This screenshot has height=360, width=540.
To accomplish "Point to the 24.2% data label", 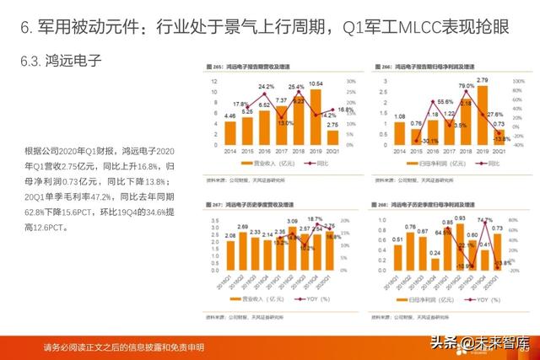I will [x=266, y=87].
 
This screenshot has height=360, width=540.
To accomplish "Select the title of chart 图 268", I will [x=429, y=204].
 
